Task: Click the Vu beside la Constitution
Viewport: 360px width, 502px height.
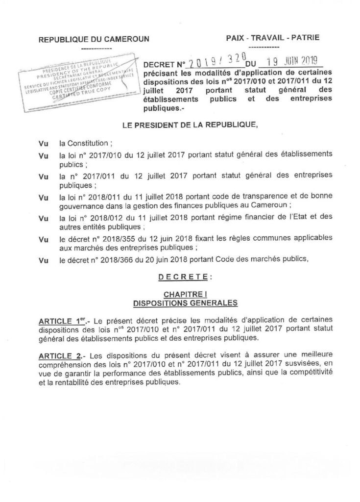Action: pos(42,144)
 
